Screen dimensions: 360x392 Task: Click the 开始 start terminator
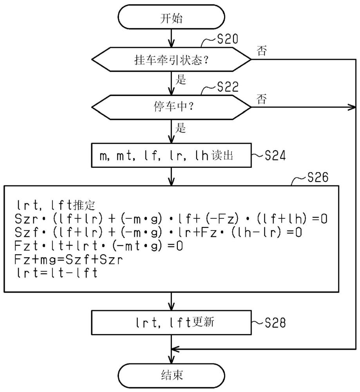point(171,17)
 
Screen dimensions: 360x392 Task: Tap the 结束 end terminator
point(171,376)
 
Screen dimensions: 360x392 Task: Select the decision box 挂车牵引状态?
point(171,60)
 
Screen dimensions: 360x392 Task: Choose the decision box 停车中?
point(171,107)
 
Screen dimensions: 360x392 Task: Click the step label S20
point(228,39)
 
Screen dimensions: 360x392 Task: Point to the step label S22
point(228,87)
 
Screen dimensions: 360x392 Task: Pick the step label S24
point(275,156)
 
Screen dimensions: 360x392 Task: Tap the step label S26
point(318,177)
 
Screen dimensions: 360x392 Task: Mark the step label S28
point(275,323)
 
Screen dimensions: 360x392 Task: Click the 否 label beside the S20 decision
point(262,51)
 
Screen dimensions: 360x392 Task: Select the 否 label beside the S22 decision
point(262,99)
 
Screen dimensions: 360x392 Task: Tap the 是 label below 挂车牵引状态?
point(181,80)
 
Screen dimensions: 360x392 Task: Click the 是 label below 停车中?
point(181,128)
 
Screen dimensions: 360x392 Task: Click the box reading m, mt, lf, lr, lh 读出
point(171,155)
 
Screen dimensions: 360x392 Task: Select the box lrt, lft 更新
point(171,323)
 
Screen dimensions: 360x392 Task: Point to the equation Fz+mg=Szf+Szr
point(69,259)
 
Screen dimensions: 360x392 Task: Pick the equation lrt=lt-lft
point(57,273)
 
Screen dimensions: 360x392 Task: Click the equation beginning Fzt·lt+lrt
point(99,246)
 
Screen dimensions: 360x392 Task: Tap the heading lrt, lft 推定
point(56,205)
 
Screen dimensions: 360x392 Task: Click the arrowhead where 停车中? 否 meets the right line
point(353,107)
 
